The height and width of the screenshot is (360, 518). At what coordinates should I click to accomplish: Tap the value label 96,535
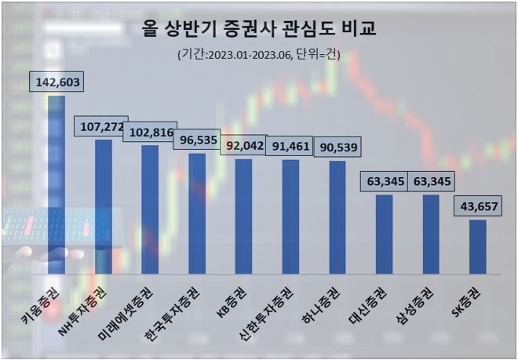tap(196, 140)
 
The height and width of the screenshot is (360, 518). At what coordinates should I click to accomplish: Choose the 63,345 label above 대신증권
tap(385, 182)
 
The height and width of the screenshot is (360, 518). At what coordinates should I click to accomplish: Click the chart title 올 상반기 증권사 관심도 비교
tap(259, 30)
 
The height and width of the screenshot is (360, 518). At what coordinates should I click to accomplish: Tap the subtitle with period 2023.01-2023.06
tap(259, 56)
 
